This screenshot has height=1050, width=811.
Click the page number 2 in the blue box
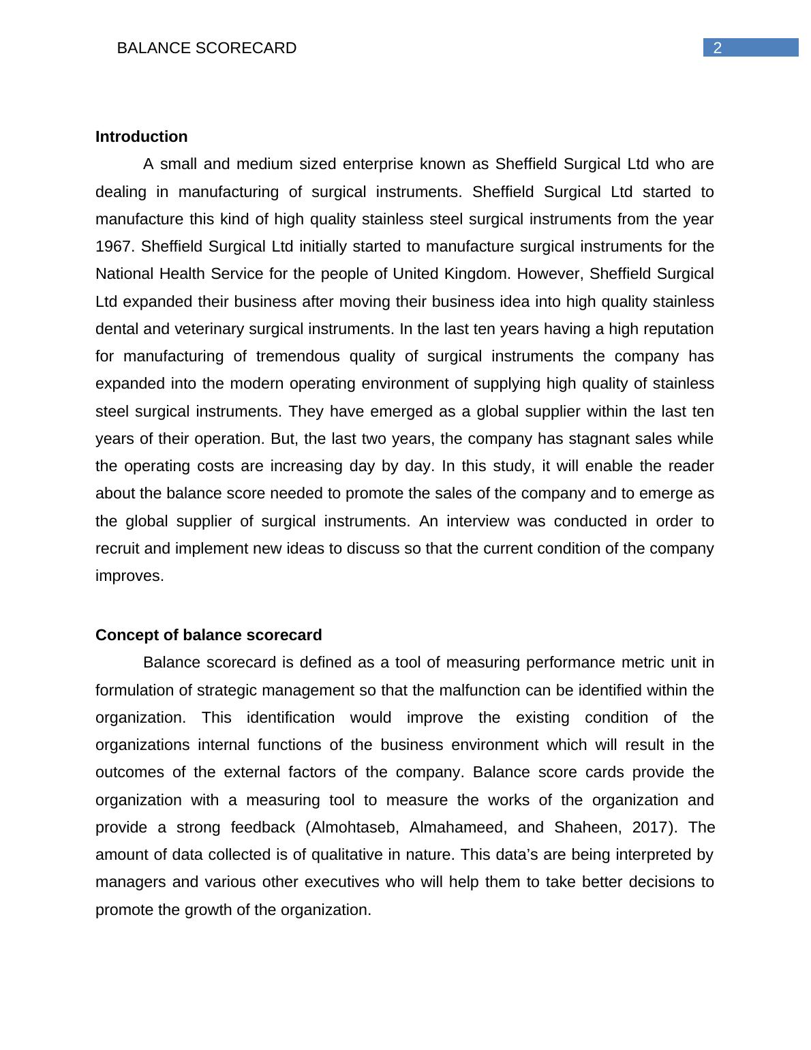pyautogui.click(x=717, y=48)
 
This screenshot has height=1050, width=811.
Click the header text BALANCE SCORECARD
pyautogui.click(x=206, y=48)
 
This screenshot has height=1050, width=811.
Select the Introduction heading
pyautogui.click(x=141, y=137)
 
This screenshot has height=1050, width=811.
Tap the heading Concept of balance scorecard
pyautogui.click(x=208, y=635)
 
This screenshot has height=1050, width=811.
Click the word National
pyautogui.click(x=125, y=274)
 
